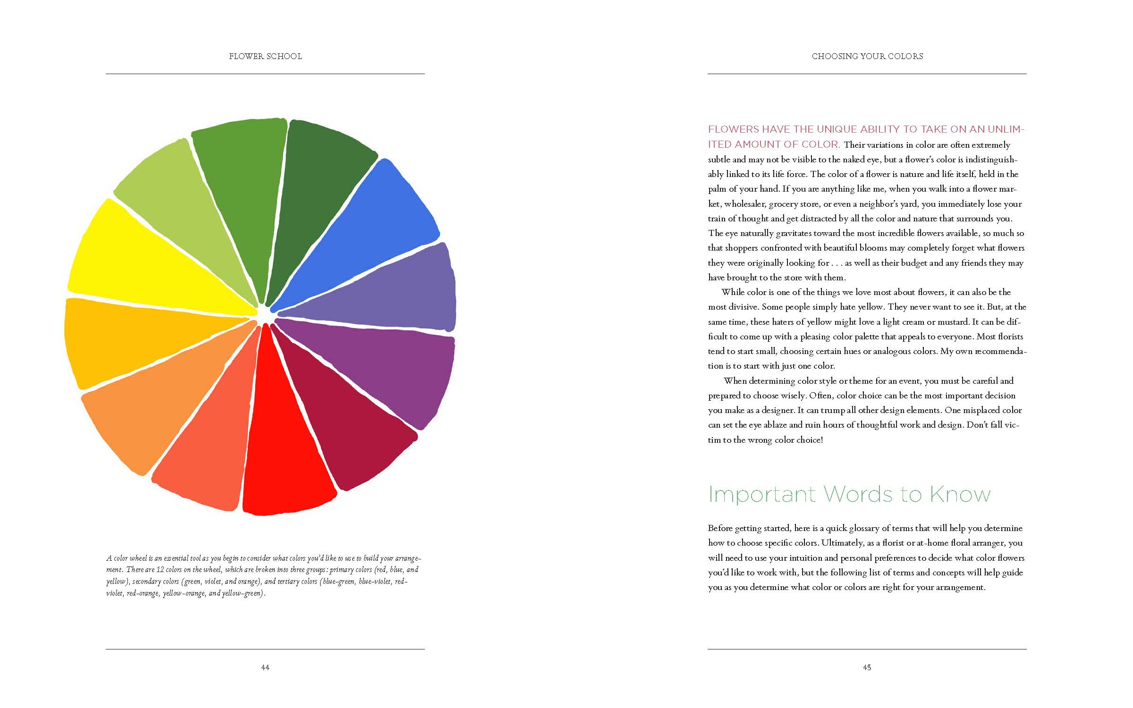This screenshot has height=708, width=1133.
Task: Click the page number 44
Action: [x=265, y=667]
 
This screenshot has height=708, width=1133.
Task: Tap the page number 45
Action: [x=867, y=667]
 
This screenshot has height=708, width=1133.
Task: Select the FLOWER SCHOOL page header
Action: [x=265, y=56]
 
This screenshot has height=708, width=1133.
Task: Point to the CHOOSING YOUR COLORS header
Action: [x=867, y=56]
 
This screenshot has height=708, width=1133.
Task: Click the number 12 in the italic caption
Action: [x=161, y=570]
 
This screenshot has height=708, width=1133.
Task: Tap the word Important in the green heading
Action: [x=762, y=494]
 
